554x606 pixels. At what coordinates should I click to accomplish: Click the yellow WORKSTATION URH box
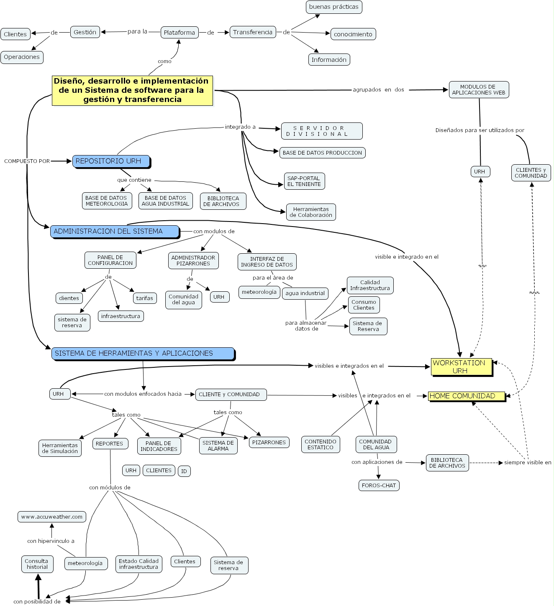click(x=461, y=367)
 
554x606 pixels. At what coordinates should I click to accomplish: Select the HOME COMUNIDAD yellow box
click(x=466, y=396)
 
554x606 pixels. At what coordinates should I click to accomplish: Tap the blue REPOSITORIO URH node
click(x=111, y=161)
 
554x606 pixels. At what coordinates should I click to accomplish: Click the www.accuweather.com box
click(x=52, y=517)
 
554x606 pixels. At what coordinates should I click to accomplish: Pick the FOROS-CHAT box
click(x=379, y=485)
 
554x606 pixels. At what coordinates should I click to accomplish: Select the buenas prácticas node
click(x=333, y=7)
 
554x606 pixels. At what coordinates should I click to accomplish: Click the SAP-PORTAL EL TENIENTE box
click(x=304, y=181)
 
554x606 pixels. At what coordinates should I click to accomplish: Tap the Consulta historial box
click(x=37, y=564)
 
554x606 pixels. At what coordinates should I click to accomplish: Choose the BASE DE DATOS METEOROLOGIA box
click(x=107, y=201)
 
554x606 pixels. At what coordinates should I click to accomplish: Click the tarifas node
click(x=145, y=298)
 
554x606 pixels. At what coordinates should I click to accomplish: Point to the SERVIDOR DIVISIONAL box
click(x=321, y=131)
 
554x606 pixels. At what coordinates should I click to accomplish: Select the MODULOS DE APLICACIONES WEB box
click(x=478, y=89)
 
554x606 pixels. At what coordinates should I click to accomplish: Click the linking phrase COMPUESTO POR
click(x=27, y=161)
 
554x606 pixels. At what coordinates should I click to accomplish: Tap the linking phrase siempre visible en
click(x=527, y=462)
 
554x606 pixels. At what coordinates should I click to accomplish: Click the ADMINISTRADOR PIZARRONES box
click(x=193, y=260)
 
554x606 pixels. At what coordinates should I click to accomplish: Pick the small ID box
click(x=184, y=471)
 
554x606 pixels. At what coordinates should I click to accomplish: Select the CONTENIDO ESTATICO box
click(x=321, y=444)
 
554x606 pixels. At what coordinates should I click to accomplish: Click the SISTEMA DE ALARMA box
click(x=218, y=446)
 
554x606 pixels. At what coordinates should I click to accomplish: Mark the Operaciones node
click(x=22, y=57)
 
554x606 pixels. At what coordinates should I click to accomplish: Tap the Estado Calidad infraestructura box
click(x=138, y=564)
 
